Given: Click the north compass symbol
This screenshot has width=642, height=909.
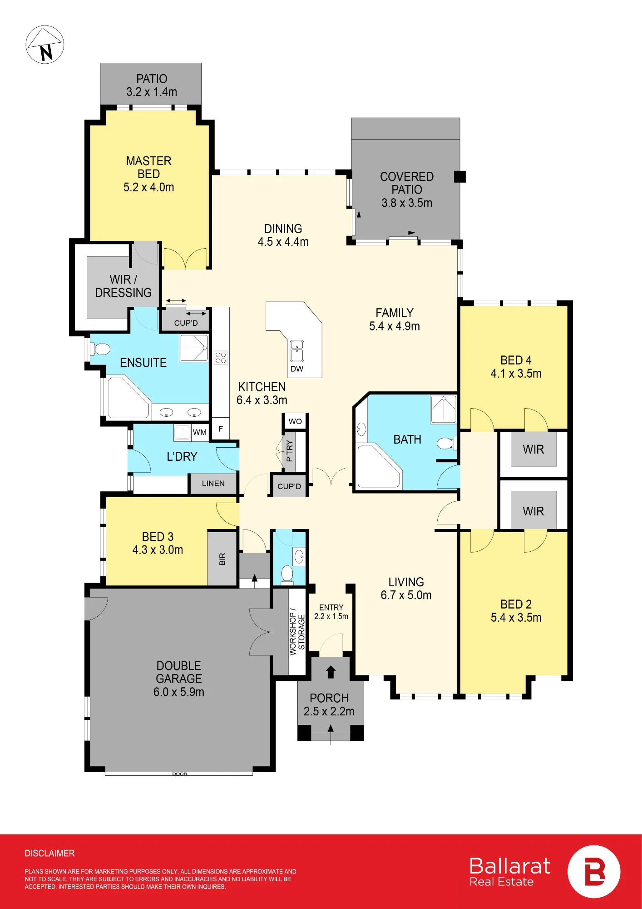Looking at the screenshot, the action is [x=45, y=45].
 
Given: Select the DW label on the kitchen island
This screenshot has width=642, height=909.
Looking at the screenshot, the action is [x=297, y=369].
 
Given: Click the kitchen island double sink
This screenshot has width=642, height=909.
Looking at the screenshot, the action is [x=297, y=351].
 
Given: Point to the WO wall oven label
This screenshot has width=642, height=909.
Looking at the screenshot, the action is [x=295, y=421].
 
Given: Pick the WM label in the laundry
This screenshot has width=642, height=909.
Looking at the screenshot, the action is [x=200, y=432].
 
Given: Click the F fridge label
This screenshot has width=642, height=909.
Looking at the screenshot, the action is [x=221, y=429].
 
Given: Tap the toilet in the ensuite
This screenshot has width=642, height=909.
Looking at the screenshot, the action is [x=100, y=349].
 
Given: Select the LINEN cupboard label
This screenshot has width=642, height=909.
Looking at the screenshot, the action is [x=213, y=484].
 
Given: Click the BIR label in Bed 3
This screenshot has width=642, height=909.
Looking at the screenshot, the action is [x=222, y=559].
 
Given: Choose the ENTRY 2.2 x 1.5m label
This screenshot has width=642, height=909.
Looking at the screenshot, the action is [x=331, y=612].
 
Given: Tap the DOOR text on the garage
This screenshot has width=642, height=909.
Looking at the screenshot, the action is [x=180, y=774].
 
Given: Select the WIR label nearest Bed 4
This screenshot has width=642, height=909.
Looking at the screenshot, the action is [x=533, y=450].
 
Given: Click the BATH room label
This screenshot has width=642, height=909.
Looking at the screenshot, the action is [x=407, y=440].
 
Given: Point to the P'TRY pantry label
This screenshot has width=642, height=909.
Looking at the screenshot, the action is [x=289, y=451].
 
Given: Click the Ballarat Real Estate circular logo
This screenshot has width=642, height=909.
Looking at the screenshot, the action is [x=594, y=872].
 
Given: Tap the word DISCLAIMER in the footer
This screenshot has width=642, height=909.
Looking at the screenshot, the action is [x=49, y=854].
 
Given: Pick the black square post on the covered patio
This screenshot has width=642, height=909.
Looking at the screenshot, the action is [x=460, y=177].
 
